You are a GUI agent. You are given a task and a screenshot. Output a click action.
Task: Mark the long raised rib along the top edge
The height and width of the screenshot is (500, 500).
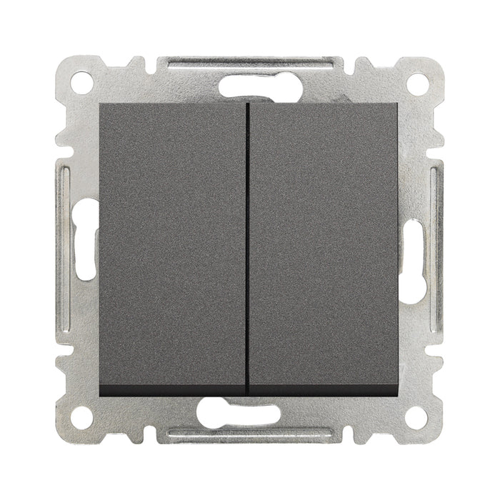click(x=250, y=63)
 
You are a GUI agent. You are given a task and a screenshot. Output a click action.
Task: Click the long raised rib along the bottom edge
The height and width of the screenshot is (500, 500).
click(x=250, y=434)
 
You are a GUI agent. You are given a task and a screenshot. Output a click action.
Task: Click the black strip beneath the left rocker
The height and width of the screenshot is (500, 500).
click(x=173, y=390)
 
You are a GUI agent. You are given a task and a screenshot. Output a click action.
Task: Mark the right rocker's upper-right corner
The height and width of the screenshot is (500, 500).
click(x=397, y=104)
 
